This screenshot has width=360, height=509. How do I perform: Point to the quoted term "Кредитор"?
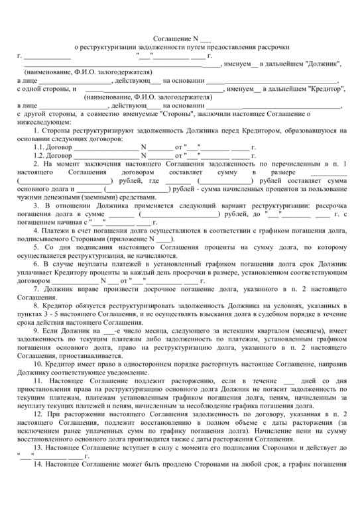click(312, 88)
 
